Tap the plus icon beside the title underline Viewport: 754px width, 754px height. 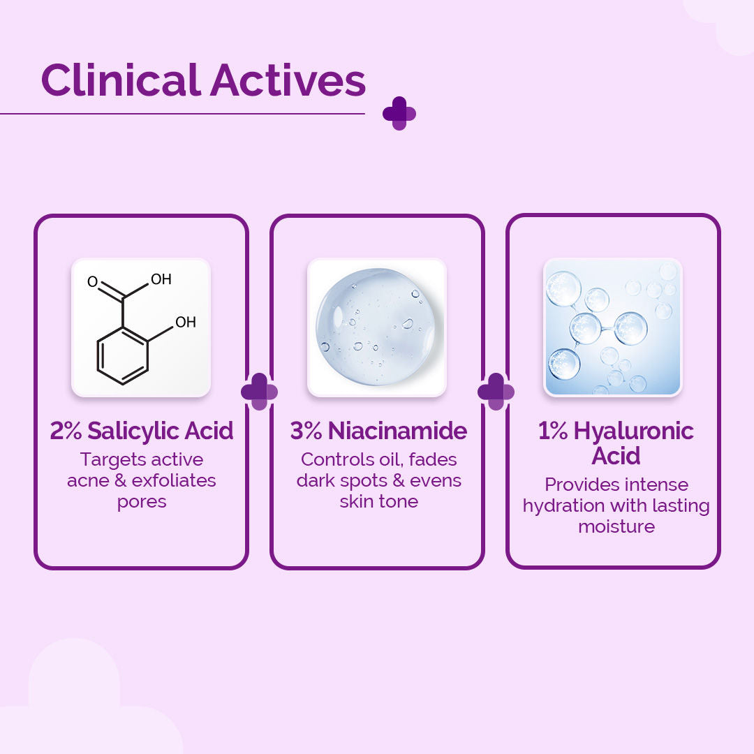coord(399,113)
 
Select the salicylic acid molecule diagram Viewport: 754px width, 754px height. coord(141,327)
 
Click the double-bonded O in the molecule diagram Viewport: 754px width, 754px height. coord(92,282)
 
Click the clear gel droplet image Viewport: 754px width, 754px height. coord(376,327)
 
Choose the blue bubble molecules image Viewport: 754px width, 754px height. coord(612,327)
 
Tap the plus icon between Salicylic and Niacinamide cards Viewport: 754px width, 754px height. coord(259,392)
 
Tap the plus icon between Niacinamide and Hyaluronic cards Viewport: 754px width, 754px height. coord(496,392)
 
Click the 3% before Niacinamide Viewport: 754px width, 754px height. coord(306,431)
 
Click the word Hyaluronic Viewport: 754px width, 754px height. coord(634,431)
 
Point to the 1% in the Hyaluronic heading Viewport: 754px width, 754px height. coord(553,431)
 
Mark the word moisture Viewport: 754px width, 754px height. coord(616,526)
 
